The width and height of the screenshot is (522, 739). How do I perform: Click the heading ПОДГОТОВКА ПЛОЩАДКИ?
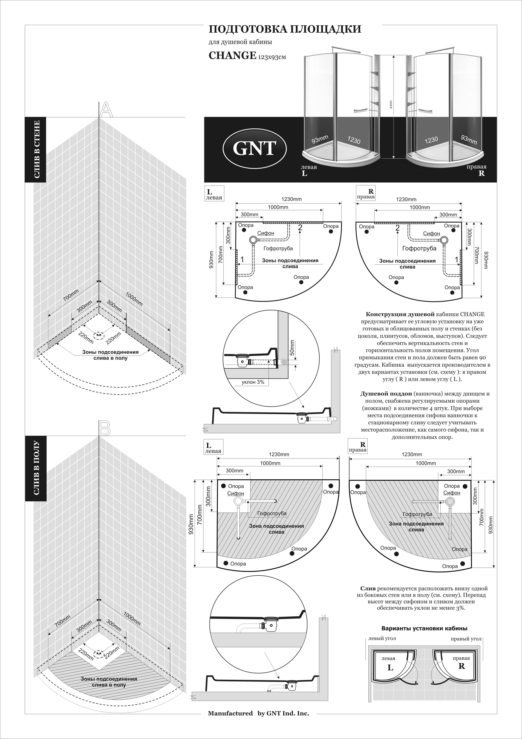[x=285, y=29]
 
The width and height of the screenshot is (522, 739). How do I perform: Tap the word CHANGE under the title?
[x=232, y=55]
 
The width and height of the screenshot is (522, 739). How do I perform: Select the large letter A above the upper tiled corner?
[x=106, y=110]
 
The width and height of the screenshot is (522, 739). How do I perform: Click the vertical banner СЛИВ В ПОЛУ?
[x=36, y=468]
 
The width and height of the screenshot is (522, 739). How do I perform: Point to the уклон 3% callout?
[x=253, y=382]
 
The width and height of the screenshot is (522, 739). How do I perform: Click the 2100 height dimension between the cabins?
[x=391, y=105]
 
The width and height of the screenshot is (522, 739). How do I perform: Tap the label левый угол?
[x=382, y=639]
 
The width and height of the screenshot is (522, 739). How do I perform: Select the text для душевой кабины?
[x=240, y=42]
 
